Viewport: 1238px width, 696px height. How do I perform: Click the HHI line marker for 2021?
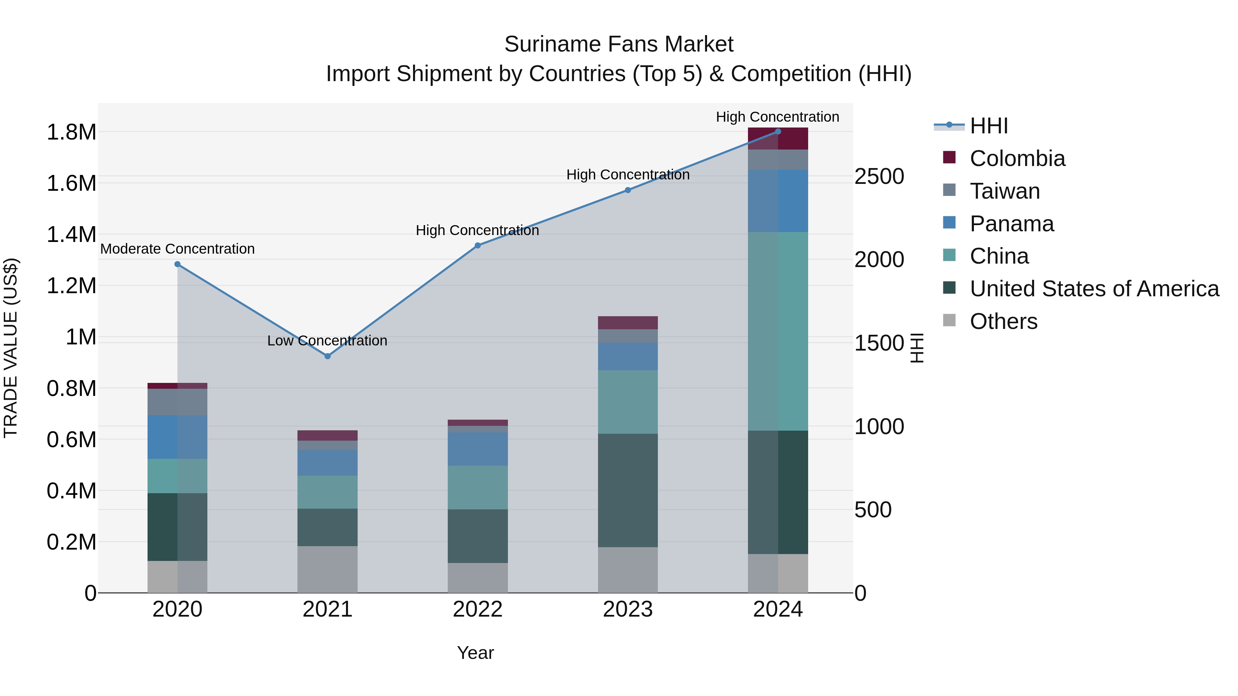[x=327, y=356]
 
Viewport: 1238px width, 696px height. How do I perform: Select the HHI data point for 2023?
[x=628, y=190]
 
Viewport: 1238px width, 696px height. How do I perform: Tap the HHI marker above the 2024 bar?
[x=778, y=132]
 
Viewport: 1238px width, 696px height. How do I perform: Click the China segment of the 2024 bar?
[x=778, y=331]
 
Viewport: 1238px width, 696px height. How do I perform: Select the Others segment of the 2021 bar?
[x=327, y=569]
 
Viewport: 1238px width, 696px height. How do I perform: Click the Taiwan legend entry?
[x=1004, y=191]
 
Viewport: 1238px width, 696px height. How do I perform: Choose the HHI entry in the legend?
[x=989, y=126]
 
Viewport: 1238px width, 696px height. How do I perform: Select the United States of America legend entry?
[x=1094, y=289]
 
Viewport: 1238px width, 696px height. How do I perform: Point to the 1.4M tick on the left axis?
[x=71, y=235]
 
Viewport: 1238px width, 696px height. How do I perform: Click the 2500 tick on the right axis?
[x=879, y=176]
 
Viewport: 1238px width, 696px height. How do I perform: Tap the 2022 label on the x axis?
[x=478, y=609]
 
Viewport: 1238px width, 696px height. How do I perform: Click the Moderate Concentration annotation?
[x=177, y=249]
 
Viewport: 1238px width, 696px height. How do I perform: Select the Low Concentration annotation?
[x=327, y=341]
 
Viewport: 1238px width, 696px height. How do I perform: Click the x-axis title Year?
[x=475, y=653]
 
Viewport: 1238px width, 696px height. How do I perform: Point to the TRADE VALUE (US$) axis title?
[x=11, y=348]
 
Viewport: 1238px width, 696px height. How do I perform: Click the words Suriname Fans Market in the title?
[x=619, y=44]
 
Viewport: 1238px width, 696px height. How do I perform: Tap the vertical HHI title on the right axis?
[x=917, y=348]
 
